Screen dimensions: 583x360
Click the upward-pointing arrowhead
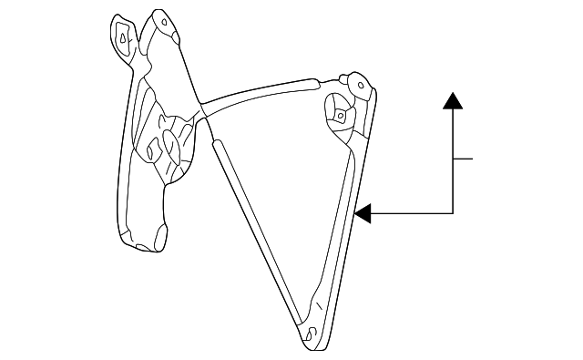(x=453, y=100)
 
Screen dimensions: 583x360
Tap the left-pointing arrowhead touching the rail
(x=363, y=213)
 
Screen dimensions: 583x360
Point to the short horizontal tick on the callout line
(x=464, y=159)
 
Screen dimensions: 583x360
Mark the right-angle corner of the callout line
(x=453, y=213)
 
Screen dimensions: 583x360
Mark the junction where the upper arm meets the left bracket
(x=201, y=106)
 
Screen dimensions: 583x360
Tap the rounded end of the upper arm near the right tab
(x=342, y=79)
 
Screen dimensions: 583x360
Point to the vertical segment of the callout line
(x=453, y=164)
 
